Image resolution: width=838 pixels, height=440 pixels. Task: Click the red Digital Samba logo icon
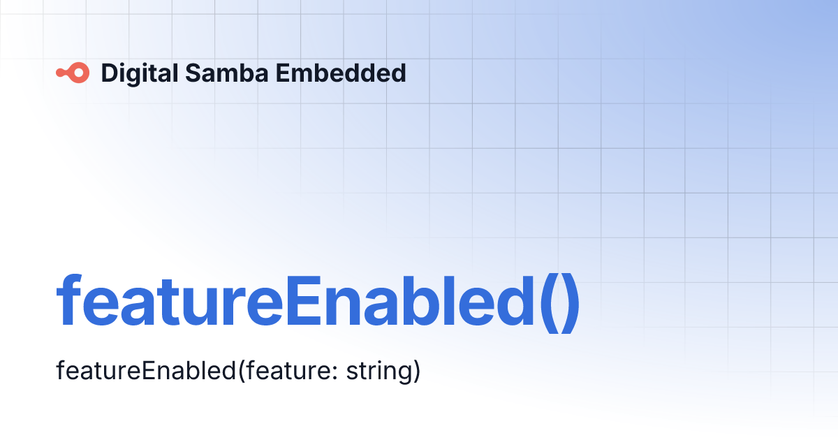coord(73,73)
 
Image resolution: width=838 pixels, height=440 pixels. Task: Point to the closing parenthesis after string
coord(416,371)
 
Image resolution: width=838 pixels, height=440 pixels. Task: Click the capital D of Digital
coord(109,73)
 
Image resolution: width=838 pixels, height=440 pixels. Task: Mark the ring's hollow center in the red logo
coord(80,73)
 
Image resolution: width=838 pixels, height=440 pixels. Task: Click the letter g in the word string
coord(404,374)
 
